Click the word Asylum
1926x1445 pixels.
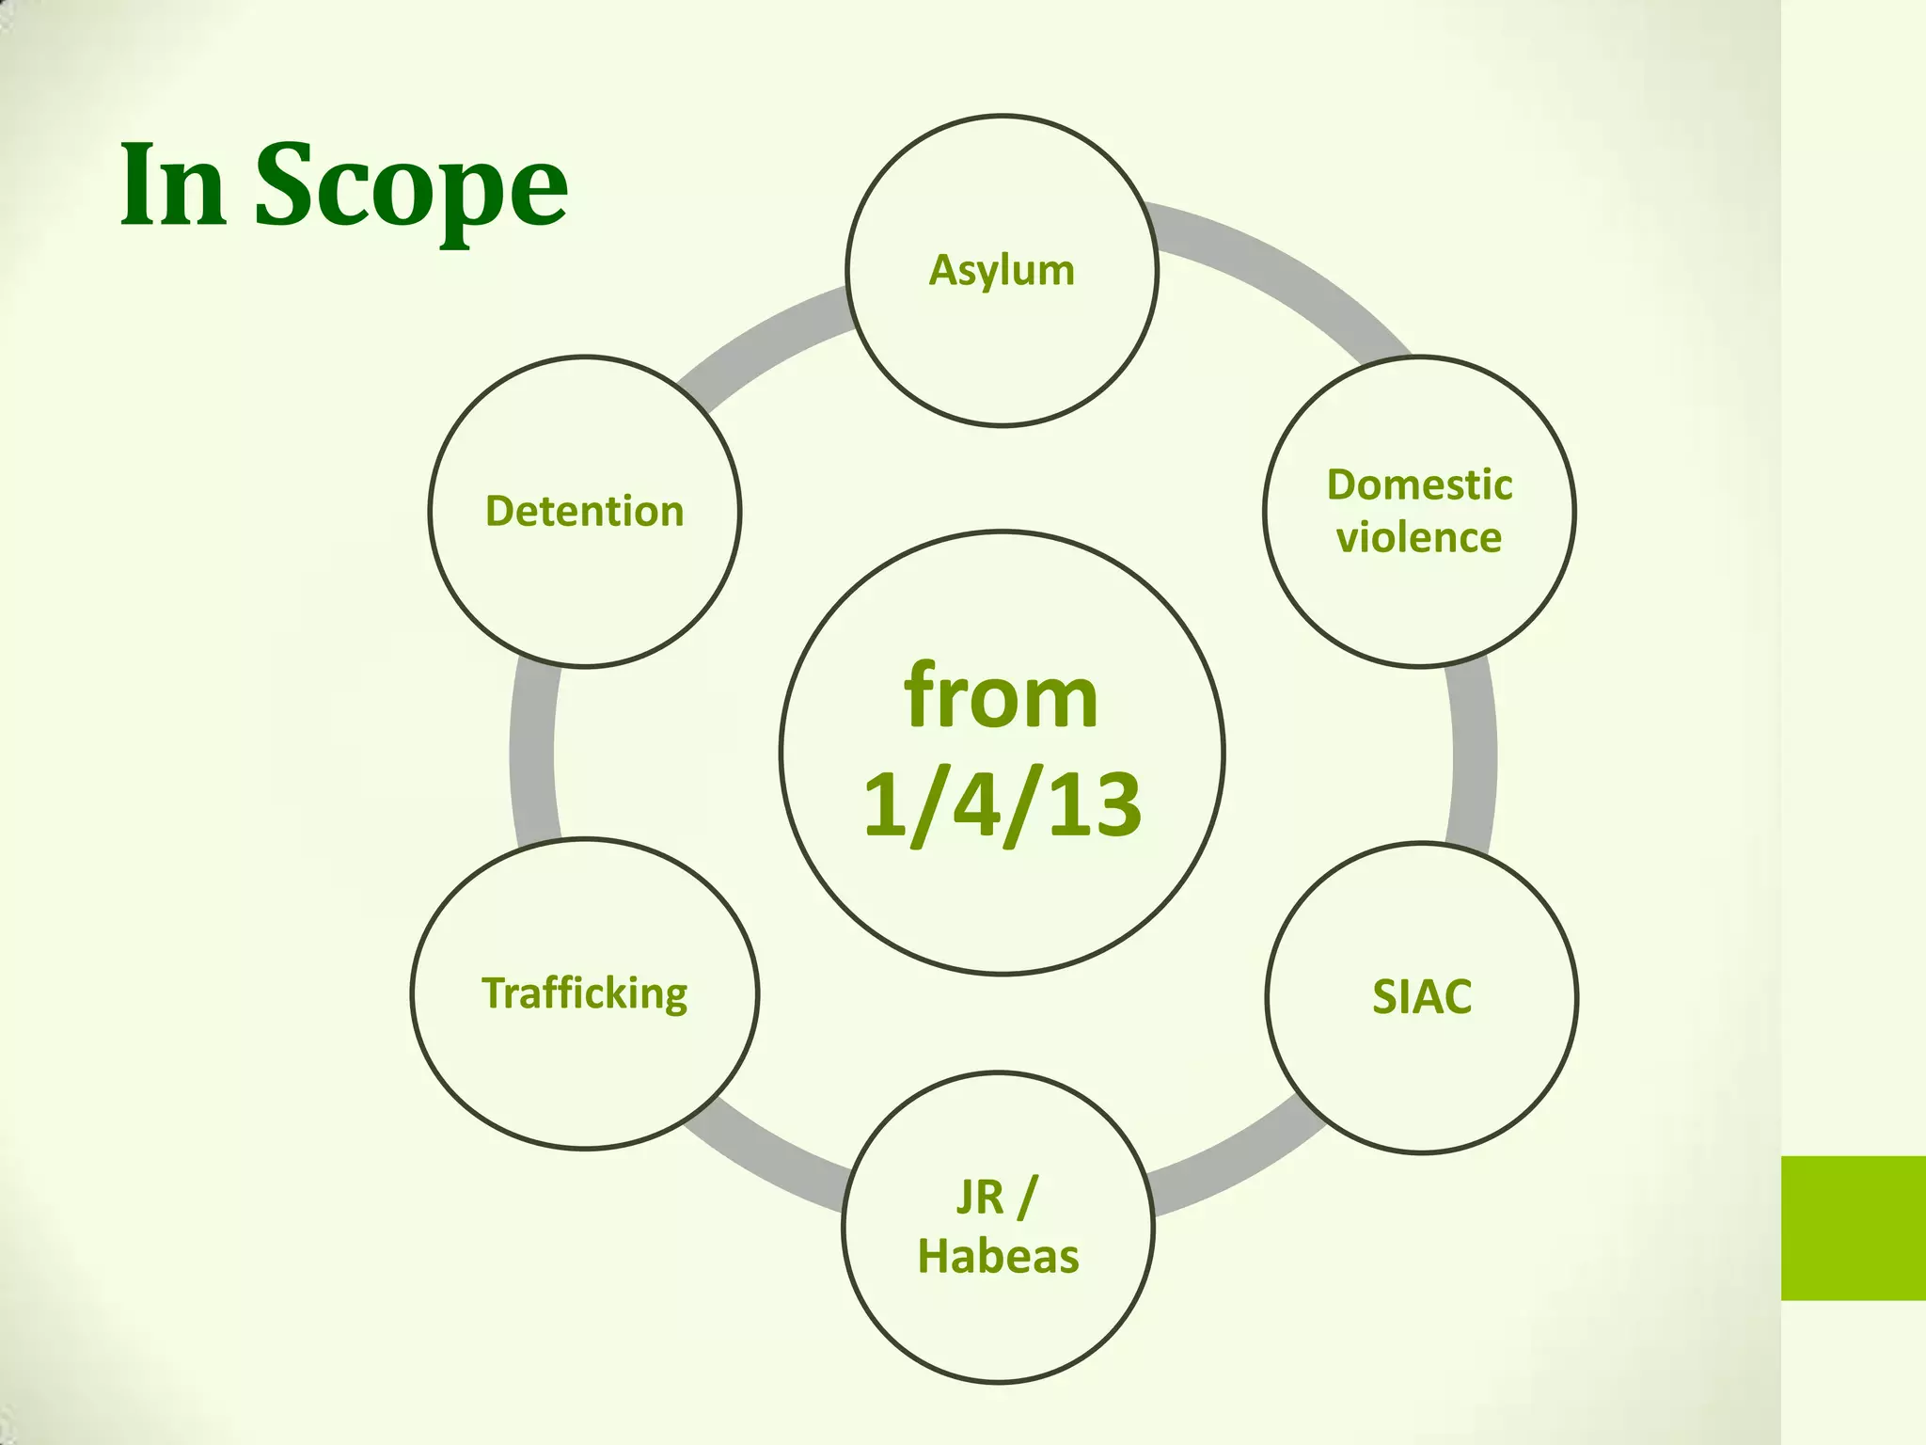(x=1002, y=271)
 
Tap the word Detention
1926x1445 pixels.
(x=584, y=512)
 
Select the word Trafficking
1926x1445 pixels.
(x=584, y=993)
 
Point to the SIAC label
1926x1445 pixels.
(x=1421, y=997)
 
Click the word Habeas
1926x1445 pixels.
(x=998, y=1257)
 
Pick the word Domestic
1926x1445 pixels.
(x=1419, y=485)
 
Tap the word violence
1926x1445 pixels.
(x=1419, y=538)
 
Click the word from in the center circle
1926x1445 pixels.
(x=1001, y=698)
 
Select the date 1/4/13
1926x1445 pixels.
(x=1002, y=805)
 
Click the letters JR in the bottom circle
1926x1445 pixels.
(x=980, y=1198)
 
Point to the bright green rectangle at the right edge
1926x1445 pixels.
(x=1853, y=1228)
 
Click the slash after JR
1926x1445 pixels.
(x=1027, y=1198)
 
